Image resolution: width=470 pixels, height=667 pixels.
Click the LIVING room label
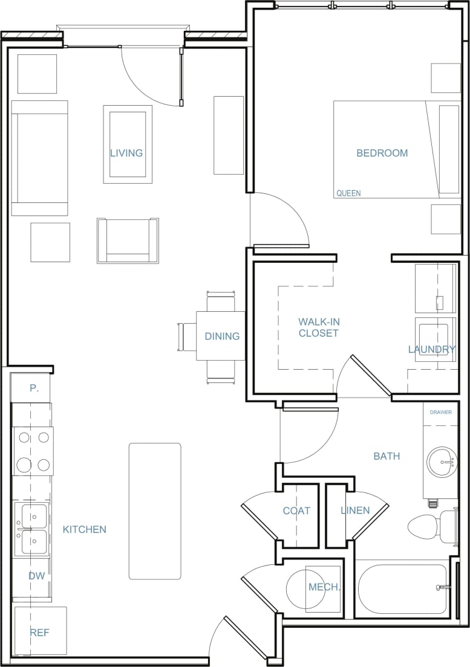tap(126, 153)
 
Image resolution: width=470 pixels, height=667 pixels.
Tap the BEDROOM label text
tap(382, 153)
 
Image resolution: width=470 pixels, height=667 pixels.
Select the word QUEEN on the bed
tap(348, 193)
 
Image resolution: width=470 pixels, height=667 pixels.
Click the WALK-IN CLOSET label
tap(318, 327)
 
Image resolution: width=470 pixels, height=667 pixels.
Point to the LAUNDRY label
tap(431, 349)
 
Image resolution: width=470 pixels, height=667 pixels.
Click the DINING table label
tap(222, 337)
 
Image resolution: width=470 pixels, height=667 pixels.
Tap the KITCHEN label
tap(85, 529)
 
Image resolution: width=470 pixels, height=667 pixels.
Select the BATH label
tap(387, 456)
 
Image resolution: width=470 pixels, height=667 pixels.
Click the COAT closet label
tap(296, 511)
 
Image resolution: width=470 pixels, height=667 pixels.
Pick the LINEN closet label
tap(355, 511)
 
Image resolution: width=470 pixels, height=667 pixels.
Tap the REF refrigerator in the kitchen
tap(40, 633)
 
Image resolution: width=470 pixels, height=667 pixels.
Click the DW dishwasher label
tap(37, 576)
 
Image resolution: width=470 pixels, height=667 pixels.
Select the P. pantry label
tap(34, 388)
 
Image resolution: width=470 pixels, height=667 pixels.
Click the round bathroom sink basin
tap(442, 462)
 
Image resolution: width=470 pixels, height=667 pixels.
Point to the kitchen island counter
tap(155, 511)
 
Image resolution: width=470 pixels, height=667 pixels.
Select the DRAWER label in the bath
tap(440, 413)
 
